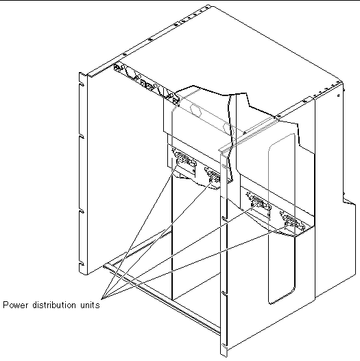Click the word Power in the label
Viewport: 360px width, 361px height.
tap(16, 305)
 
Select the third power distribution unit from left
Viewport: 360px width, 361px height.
tap(259, 202)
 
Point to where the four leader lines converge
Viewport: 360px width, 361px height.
tap(101, 299)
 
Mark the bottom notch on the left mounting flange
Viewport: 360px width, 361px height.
tap(81, 264)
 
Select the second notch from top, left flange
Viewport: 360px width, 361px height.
tap(81, 137)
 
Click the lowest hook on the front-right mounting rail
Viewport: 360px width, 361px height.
tap(224, 346)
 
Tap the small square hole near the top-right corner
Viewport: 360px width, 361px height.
tap(338, 95)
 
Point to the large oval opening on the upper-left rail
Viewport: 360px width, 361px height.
tap(130, 73)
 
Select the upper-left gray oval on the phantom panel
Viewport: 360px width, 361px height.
tap(195, 110)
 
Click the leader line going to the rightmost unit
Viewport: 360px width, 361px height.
tap(195, 262)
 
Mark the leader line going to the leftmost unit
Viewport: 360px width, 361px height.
tap(141, 229)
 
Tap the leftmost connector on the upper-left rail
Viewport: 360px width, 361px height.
tap(118, 67)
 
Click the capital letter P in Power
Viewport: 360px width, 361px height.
tap(5, 305)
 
